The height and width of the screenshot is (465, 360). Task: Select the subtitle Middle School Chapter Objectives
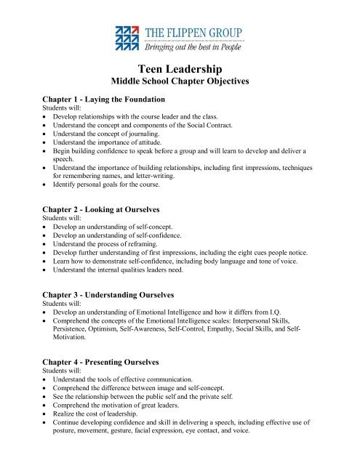(180, 82)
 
